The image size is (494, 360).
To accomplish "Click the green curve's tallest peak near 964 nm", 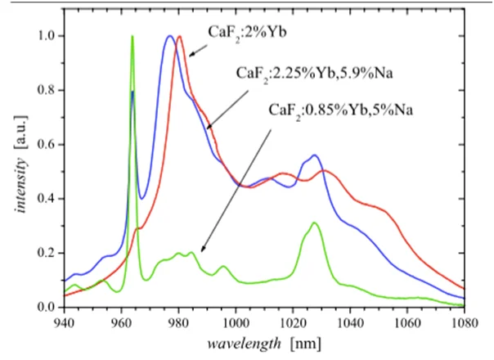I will (x=132, y=37).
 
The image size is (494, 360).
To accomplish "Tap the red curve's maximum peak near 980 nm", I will (x=179, y=37).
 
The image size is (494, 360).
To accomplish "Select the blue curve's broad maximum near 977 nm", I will (x=170, y=37).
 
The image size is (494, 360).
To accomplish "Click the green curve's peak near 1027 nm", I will (x=314, y=223).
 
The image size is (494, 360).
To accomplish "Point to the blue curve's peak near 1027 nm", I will (x=314, y=155).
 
